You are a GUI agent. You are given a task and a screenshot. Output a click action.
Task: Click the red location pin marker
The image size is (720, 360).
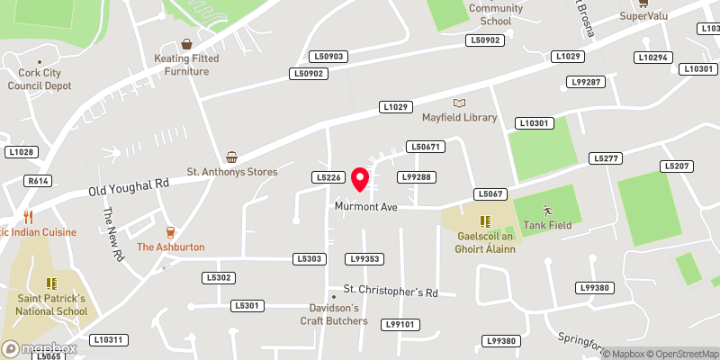tap(361, 179)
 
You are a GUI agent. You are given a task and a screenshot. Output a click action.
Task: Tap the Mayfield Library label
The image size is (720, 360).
tap(460, 118)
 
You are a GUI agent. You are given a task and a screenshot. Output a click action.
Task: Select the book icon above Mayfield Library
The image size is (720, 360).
tap(460, 103)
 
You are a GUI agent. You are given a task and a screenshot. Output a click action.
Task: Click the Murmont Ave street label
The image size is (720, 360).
tap(365, 207)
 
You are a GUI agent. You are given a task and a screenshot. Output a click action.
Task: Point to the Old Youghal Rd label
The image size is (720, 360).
tap(129, 186)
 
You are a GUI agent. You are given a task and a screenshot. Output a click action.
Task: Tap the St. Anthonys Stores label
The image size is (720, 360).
tap(231, 171)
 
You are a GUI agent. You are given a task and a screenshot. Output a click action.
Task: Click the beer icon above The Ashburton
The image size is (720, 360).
tap(170, 232)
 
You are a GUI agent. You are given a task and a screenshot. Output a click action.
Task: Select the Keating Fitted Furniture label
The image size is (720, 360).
tap(186, 65)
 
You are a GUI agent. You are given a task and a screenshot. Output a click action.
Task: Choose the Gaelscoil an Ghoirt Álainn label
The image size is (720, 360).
tap(486, 242)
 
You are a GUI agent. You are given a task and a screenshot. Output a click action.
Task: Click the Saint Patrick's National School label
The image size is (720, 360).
tap(51, 304)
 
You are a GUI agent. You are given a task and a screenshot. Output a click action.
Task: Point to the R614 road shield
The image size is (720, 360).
tap(38, 181)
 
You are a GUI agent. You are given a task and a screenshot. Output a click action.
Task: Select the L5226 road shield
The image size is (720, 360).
tap(328, 177)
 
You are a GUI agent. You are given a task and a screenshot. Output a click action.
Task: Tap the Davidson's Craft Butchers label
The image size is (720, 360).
tap(334, 315)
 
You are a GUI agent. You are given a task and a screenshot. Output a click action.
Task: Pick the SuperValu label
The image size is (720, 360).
tap(643, 16)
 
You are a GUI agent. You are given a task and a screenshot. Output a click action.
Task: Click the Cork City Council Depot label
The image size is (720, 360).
tap(39, 79)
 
